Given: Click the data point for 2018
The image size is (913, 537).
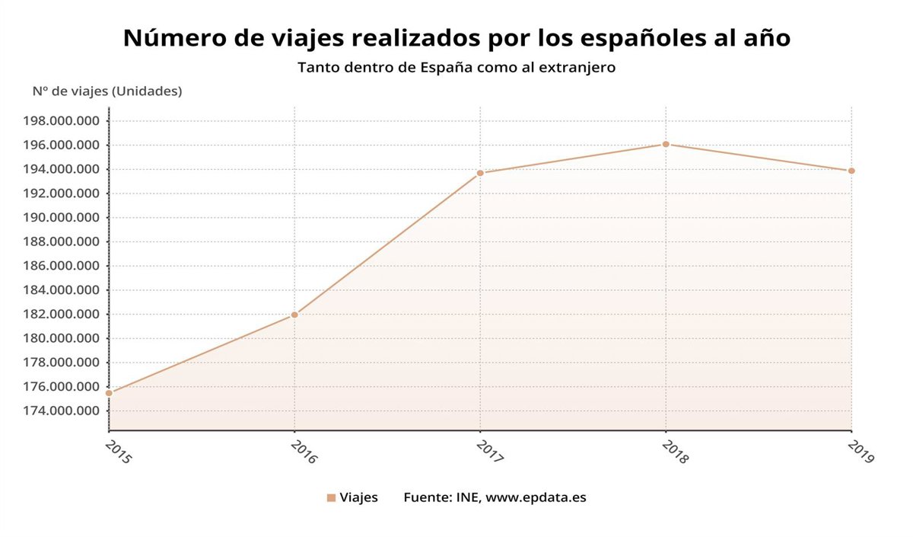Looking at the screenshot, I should [666, 144].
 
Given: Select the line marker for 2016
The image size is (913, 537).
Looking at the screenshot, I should [294, 315].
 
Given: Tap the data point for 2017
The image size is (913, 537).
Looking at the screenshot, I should [480, 173].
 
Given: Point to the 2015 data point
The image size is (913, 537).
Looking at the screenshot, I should [109, 393].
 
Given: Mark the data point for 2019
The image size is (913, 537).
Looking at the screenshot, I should [851, 171].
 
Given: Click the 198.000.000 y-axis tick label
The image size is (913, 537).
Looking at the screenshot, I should [62, 121].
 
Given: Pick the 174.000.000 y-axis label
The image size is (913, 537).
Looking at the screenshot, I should [62, 411].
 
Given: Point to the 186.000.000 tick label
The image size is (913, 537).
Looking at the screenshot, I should [62, 266].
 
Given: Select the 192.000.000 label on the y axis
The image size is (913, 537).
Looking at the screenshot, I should [62, 193].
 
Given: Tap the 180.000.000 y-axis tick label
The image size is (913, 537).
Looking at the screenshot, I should [62, 338].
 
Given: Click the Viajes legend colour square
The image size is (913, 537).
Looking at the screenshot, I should [331, 498].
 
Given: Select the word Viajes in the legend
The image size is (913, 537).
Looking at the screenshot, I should [358, 498].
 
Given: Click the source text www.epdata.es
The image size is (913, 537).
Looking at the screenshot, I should [536, 498].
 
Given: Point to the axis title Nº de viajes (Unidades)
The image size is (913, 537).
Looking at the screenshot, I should [107, 91].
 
